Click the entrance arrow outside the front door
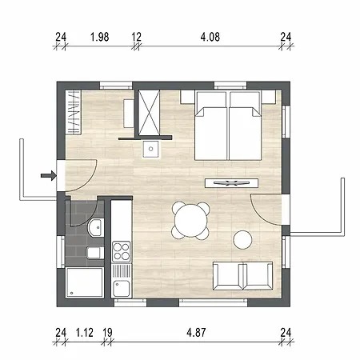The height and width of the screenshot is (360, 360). [49, 175]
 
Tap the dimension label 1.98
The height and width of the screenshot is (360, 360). [100, 37]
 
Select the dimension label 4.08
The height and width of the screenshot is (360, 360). [210, 37]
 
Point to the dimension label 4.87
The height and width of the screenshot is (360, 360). [196, 333]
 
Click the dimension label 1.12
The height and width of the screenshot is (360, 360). [85, 333]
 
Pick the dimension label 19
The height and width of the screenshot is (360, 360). [107, 333]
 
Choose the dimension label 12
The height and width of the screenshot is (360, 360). [136, 37]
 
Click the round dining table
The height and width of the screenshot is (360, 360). [191, 220]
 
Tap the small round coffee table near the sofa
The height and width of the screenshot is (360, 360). [242, 240]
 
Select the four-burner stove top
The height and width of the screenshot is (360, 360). [122, 251]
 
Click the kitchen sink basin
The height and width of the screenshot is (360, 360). [122, 289]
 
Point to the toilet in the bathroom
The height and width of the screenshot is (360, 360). [95, 253]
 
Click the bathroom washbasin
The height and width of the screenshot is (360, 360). [95, 227]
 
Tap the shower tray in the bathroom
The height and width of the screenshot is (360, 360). [84, 283]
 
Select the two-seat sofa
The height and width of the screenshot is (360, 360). [242, 276]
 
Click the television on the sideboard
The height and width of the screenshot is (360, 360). [231, 182]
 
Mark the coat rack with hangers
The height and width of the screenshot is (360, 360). [74, 112]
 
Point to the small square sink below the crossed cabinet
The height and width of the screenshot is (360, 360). [150, 149]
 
